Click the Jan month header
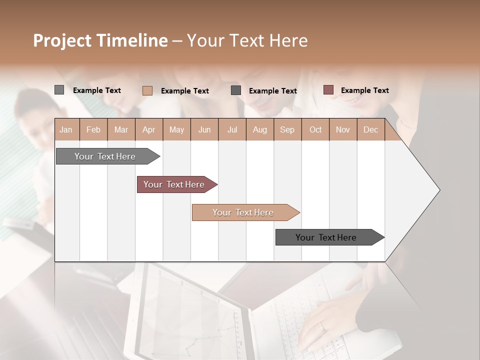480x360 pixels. (66, 129)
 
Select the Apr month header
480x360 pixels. (148, 129)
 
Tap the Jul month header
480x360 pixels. (232, 129)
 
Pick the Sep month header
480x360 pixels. (287, 129)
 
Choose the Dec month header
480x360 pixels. (370, 129)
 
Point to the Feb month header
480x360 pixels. (93, 129)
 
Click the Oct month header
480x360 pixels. (315, 129)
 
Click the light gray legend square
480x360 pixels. (59, 90)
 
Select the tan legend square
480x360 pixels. (147, 90)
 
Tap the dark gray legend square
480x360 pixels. (236, 90)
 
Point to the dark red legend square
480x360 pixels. (328, 90)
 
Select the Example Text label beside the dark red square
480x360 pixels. (364, 90)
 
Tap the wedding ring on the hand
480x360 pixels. (322, 327)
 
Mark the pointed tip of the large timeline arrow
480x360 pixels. (439, 190)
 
